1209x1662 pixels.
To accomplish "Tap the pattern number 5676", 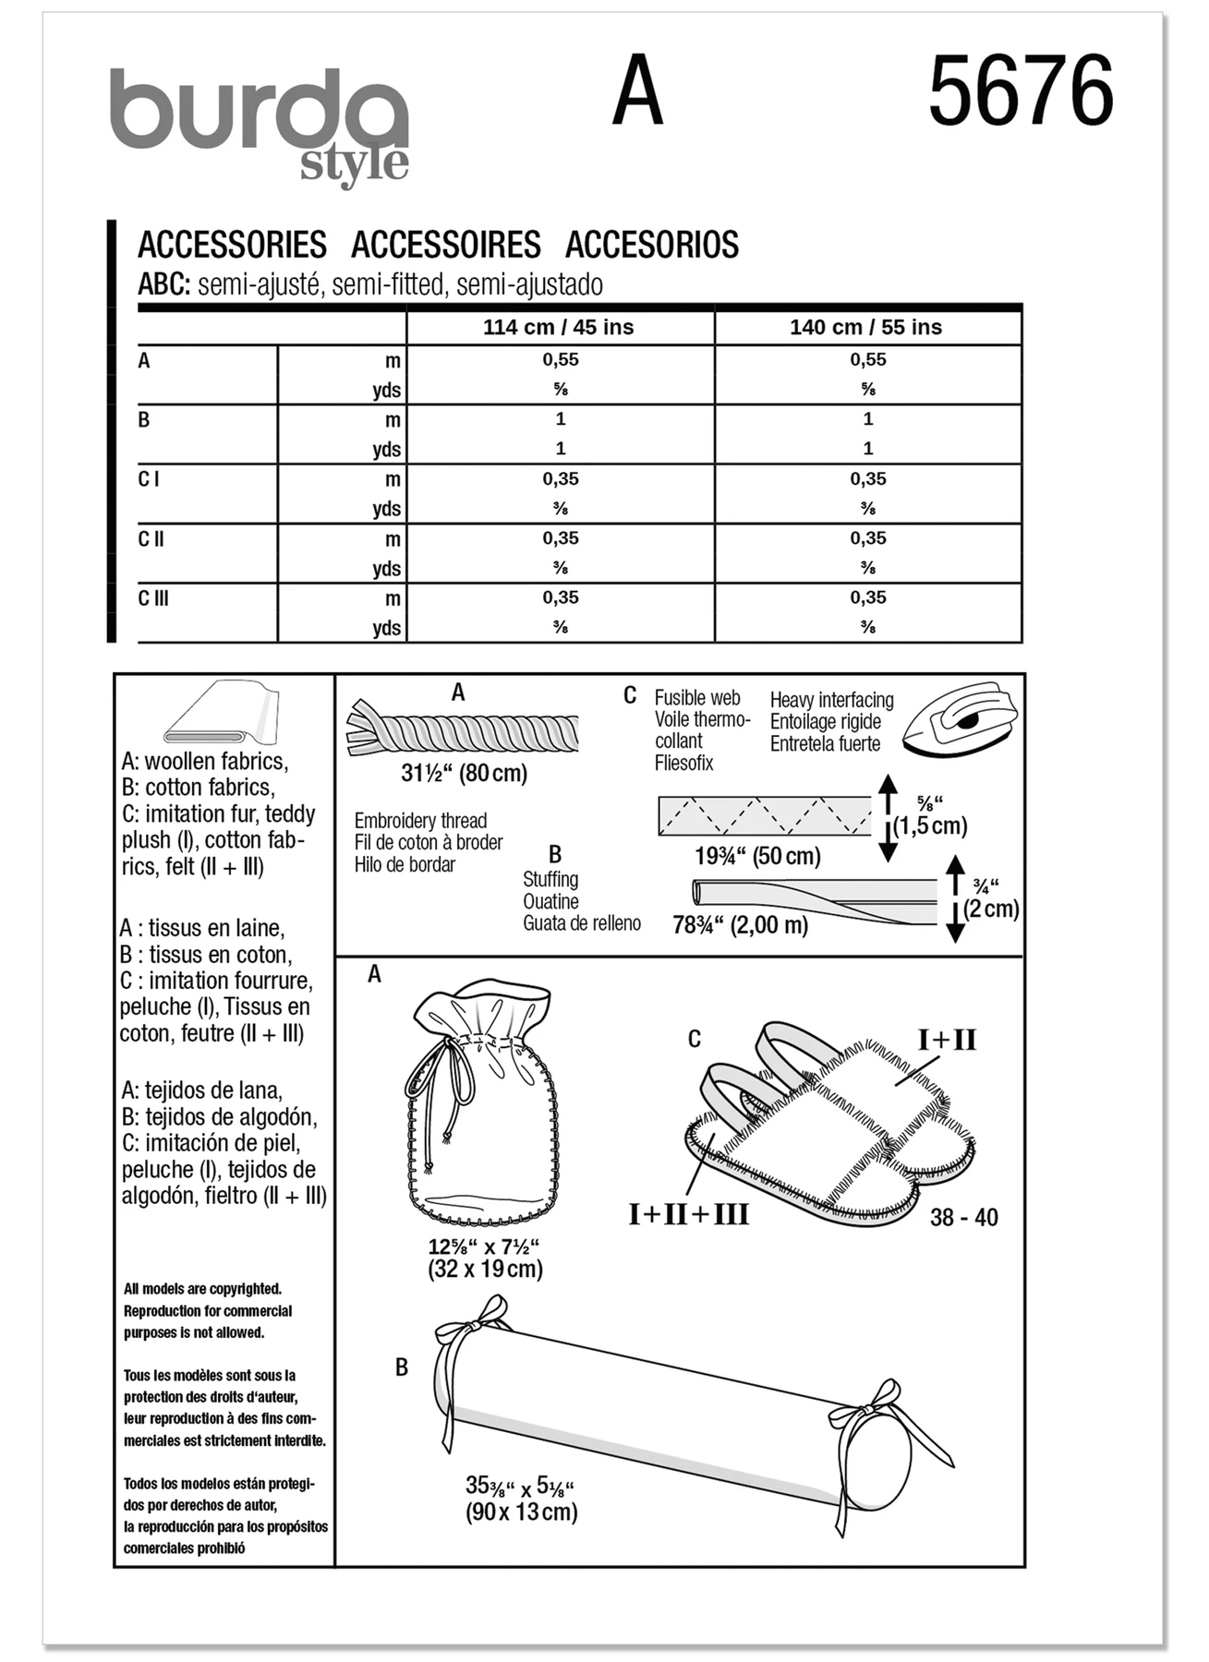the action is coord(1021,90).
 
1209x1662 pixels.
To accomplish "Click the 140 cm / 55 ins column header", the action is coord(865,327).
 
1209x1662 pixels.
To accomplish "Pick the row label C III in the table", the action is coord(153,598).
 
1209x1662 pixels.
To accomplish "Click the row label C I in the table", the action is coord(149,479).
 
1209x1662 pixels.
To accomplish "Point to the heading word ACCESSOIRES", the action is coord(445,245).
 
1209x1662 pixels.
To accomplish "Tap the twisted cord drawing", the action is coord(463,730).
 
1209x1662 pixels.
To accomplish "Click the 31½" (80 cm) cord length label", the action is coord(464,773).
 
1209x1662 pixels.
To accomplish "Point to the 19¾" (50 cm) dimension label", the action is coord(757,856).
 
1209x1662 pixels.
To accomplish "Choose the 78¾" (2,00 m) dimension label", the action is coord(740,924).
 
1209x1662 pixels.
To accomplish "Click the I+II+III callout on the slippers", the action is coord(688,1213).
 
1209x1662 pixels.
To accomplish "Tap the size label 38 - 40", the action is coord(964,1217).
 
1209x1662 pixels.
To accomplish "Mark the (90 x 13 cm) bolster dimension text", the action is coord(522,1511).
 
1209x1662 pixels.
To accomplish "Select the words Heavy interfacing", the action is coord(832,700).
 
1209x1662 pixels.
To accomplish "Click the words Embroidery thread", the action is coord(420,821).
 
